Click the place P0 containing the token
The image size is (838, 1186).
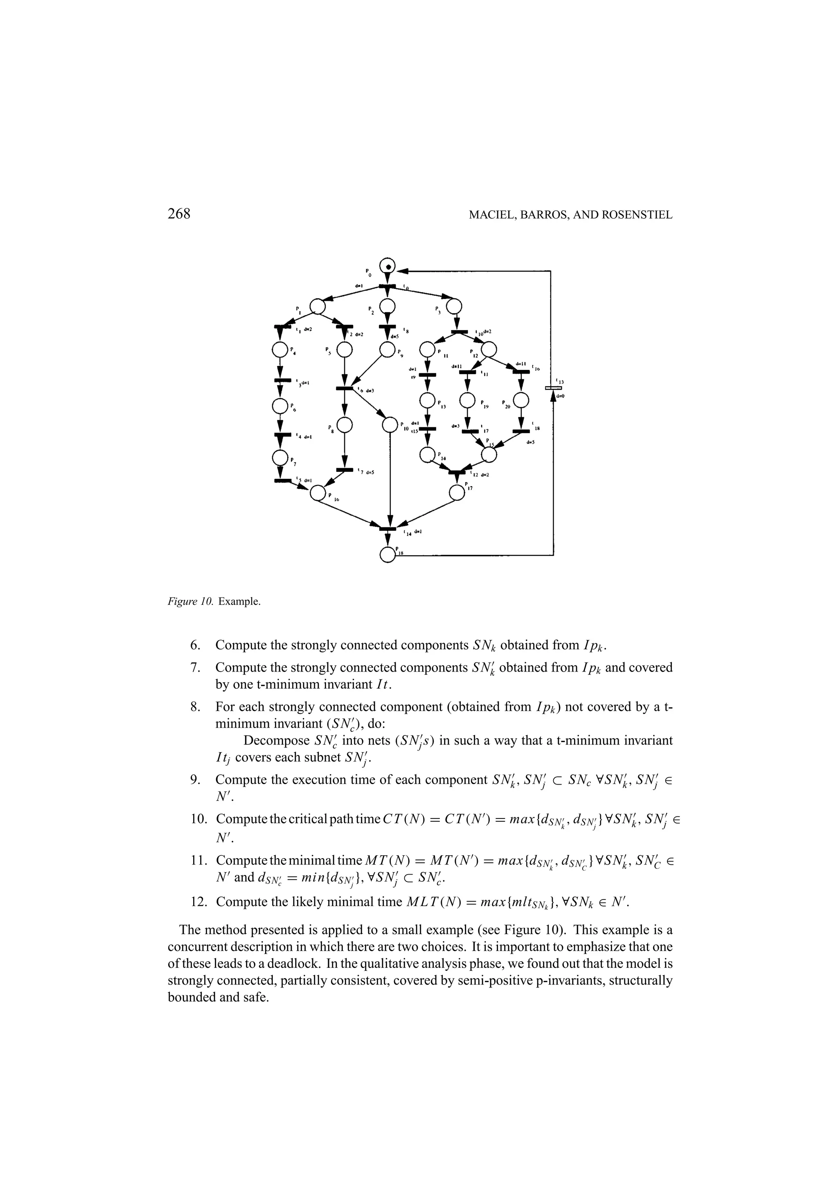point(387,266)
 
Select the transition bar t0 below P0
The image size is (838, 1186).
point(387,287)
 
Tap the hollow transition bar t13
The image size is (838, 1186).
point(553,388)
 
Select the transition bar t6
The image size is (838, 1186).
point(345,388)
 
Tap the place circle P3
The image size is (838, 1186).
point(454,307)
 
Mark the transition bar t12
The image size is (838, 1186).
point(456,471)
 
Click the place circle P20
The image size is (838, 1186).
point(521,400)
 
